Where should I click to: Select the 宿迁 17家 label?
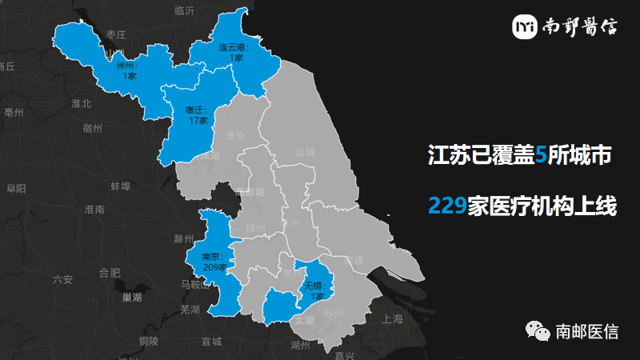point(198,115)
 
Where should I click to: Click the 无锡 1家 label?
point(316,290)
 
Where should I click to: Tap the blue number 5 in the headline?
point(541,155)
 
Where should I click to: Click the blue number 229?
point(447,206)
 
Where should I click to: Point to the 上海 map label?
point(393,318)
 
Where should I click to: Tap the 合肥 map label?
point(110,273)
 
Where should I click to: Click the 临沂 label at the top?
point(184,10)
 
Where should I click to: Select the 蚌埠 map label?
point(120,186)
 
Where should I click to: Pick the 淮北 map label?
point(82,103)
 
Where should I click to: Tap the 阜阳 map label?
point(16,188)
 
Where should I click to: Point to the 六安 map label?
point(62,279)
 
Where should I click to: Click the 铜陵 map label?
point(148,342)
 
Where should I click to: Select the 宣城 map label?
point(211,342)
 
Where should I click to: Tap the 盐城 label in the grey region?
point(305,152)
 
